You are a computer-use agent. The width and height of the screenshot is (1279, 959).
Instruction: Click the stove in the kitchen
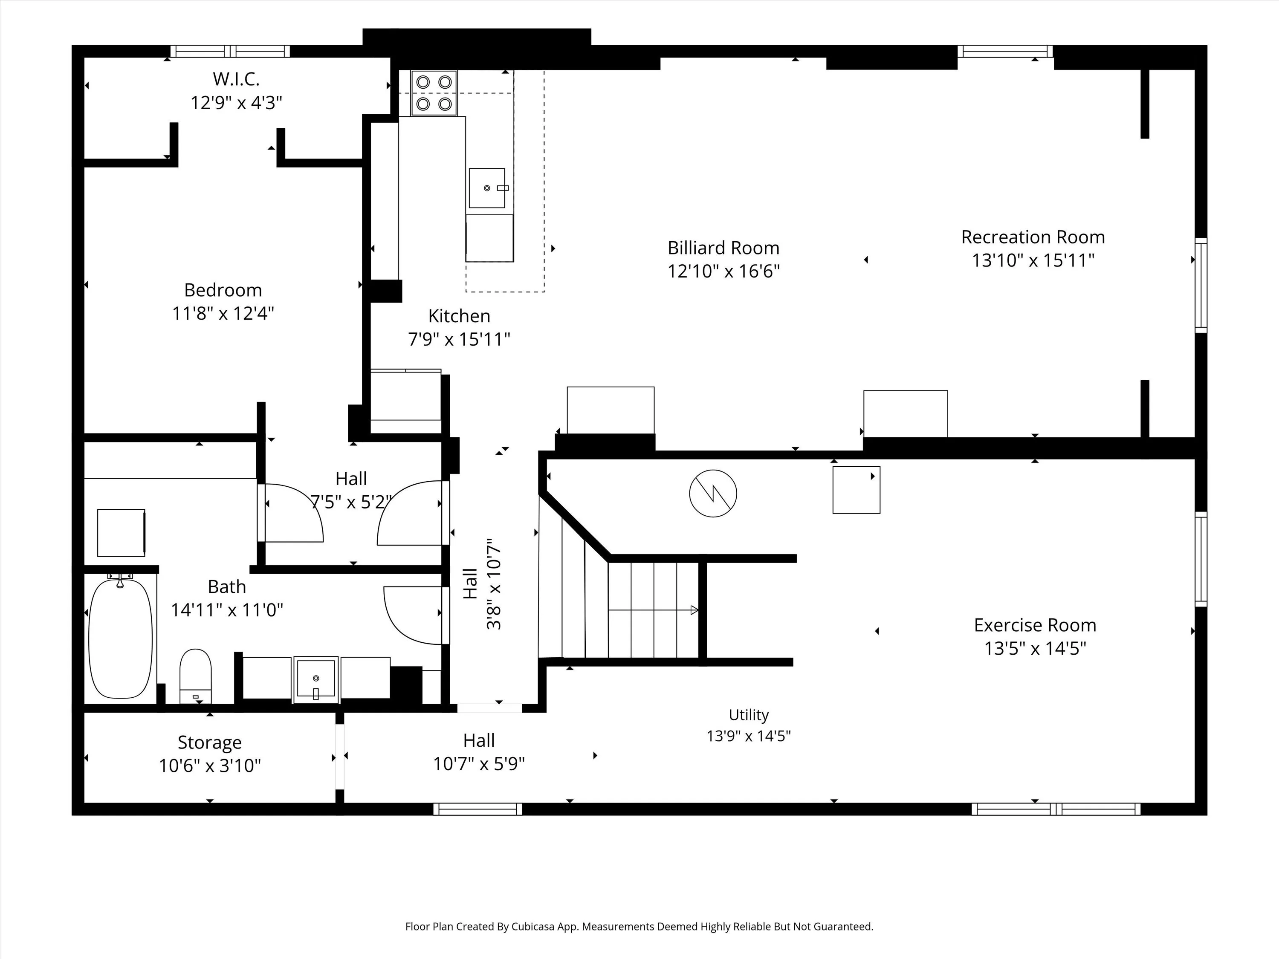[434, 93]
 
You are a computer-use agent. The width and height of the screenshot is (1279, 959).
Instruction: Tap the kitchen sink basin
[487, 188]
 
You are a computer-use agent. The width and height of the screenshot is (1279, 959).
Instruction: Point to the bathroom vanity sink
[316, 679]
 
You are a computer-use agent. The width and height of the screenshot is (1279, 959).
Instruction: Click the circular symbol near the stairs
[713, 493]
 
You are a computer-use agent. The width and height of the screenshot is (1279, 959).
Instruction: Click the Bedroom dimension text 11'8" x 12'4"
[223, 313]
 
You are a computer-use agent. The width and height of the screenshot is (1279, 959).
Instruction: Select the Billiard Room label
[723, 248]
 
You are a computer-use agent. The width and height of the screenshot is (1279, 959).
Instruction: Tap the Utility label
[749, 715]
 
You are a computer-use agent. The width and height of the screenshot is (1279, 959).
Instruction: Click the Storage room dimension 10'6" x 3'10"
[210, 765]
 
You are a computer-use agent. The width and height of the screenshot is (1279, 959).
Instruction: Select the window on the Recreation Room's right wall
[1201, 285]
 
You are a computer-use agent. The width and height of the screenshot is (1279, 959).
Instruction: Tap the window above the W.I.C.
[231, 51]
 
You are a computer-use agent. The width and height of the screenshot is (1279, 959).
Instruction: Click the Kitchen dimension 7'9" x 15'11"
[459, 339]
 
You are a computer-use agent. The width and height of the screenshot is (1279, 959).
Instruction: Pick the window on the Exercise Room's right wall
[1201, 559]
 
